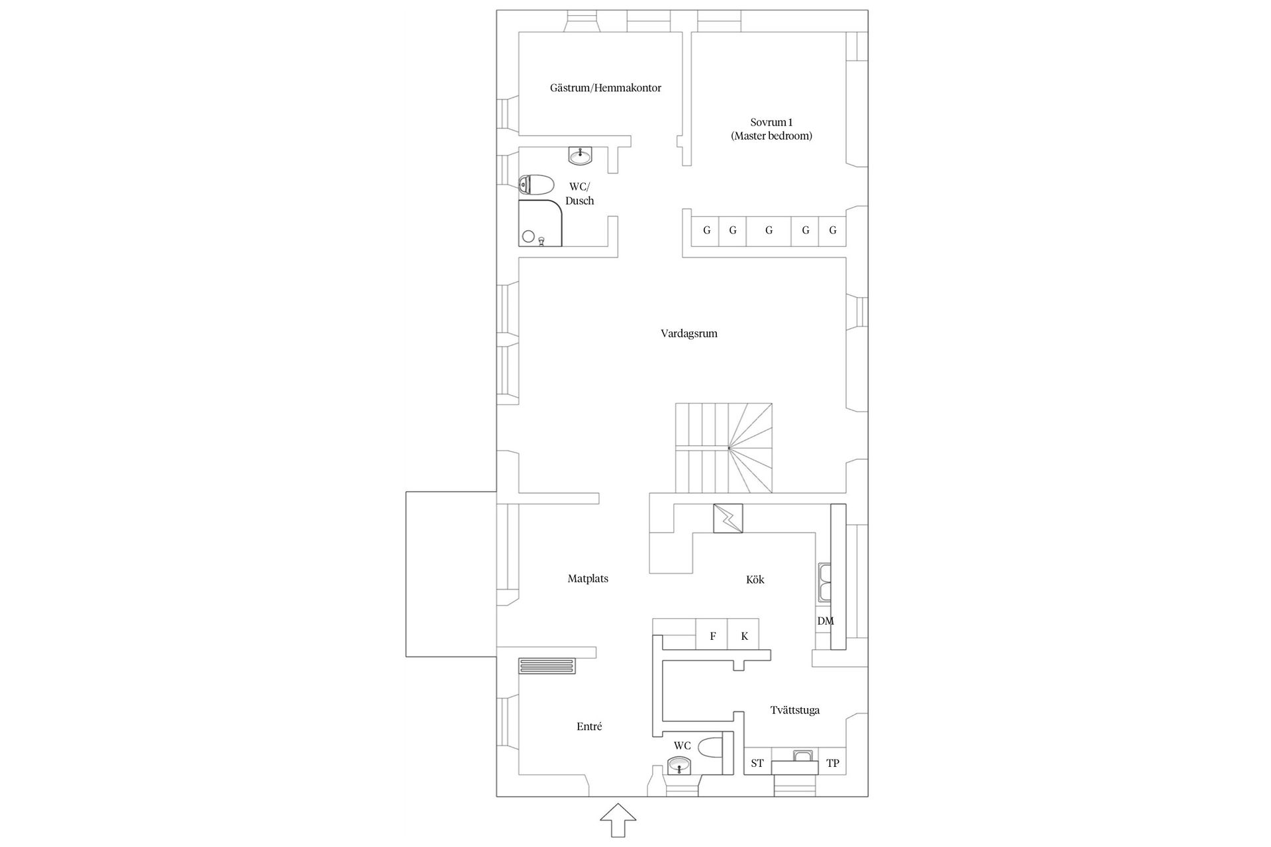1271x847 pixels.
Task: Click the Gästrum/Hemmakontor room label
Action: coord(605,88)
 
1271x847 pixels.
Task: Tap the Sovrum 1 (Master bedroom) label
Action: coord(771,129)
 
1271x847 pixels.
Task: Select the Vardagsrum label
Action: coord(688,334)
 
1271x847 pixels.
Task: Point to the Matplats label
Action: coord(588,579)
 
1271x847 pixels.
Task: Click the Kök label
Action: coord(755,580)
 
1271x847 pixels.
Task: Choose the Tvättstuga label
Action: coord(794,711)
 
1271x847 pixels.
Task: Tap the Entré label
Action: coord(589,727)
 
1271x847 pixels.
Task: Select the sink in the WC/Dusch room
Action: coord(581,156)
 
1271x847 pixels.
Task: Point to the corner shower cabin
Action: coord(540,223)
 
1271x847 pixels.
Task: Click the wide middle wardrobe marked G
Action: coord(769,231)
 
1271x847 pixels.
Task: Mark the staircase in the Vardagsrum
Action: coord(723,448)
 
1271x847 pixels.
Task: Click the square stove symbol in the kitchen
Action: coord(728,518)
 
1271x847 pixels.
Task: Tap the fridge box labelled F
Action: coord(712,636)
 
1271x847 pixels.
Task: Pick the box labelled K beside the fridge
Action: coord(744,636)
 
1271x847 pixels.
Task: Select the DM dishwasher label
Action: coord(825,621)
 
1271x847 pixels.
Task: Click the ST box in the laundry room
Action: coord(757,763)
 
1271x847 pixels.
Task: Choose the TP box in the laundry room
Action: coord(833,763)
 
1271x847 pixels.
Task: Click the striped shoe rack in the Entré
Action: coord(547,666)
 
